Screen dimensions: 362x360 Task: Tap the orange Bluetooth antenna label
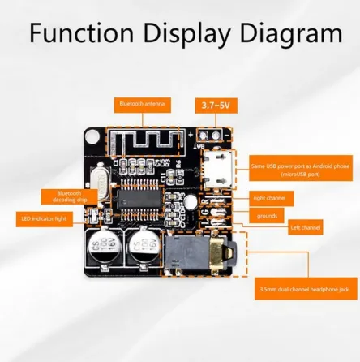point(137,104)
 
